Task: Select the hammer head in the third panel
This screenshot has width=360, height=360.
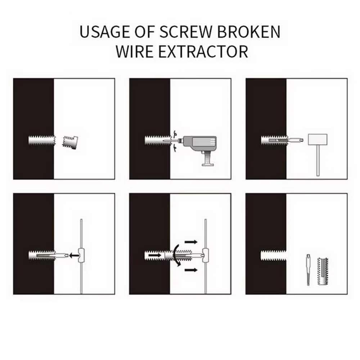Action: tap(318, 139)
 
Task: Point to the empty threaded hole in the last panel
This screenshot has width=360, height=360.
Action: tap(274, 256)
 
